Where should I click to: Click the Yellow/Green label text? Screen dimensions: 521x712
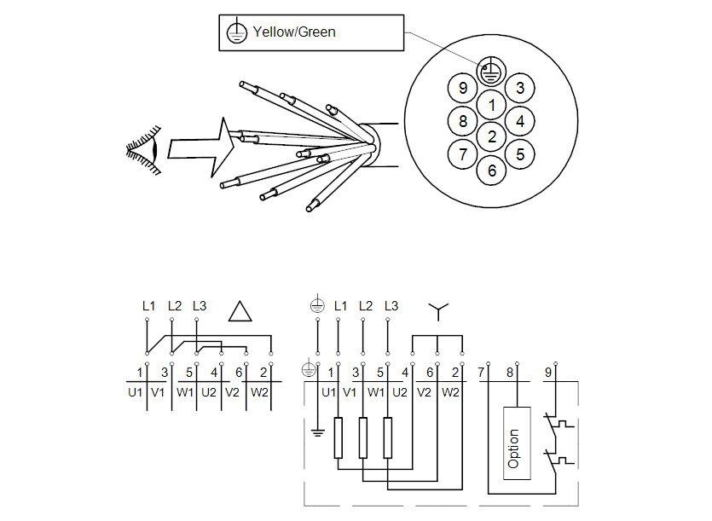(294, 32)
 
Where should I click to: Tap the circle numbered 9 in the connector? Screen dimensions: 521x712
(463, 88)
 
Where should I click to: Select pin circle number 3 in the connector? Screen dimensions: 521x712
(519, 88)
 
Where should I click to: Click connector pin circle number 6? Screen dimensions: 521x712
(491, 170)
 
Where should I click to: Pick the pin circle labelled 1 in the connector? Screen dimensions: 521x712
(491, 106)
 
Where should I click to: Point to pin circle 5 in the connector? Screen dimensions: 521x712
(520, 153)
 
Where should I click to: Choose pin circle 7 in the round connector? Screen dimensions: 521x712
(463, 153)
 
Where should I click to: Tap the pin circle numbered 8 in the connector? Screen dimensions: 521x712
(463, 121)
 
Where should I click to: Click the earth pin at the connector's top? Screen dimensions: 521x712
(489, 72)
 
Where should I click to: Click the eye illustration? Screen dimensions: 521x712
(145, 148)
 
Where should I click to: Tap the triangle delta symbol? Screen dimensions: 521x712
(241, 311)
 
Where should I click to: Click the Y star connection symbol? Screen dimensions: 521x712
(437, 312)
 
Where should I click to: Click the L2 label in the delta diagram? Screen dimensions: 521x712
(175, 305)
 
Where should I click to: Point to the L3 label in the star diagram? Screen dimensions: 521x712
(392, 305)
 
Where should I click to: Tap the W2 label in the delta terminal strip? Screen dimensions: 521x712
(259, 392)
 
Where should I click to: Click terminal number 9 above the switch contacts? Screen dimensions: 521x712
(548, 372)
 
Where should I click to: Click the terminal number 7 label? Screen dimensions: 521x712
(483, 372)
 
